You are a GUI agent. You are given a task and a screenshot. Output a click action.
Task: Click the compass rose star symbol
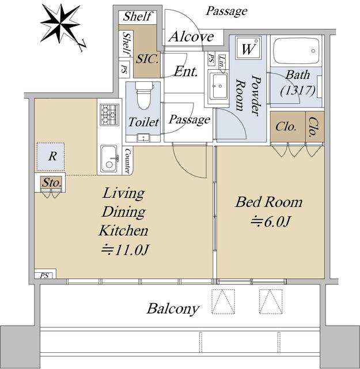coord(60,23)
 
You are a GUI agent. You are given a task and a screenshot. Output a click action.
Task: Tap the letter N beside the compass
coord(82,46)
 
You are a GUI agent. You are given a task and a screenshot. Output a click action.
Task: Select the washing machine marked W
coord(248,48)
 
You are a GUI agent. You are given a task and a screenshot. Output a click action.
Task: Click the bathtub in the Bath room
coord(297,51)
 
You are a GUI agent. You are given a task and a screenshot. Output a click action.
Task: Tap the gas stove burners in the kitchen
coord(109,115)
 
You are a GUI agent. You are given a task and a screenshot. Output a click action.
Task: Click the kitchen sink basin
coord(109,159)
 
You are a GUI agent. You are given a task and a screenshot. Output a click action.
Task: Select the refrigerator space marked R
coord(51,156)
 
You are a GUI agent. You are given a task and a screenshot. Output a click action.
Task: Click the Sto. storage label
coord(52,183)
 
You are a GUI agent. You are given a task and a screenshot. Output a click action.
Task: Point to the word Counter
coord(128,161)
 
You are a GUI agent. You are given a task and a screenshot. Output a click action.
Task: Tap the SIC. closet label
coord(147,59)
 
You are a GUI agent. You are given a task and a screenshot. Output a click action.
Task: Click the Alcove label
coord(191,37)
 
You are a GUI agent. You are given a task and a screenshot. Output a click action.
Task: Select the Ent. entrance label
coord(185,71)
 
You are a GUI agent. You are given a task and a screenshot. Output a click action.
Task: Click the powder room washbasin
coord(218,86)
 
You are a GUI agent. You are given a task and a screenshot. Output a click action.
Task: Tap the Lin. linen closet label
coord(222,62)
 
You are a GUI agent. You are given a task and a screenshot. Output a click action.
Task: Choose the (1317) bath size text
coord(298,90)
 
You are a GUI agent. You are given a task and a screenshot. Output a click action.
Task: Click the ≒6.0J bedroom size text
coord(271,221)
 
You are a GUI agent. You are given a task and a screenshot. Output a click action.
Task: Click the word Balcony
coord(173,309)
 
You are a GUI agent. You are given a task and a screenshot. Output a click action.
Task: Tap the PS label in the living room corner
coord(44,276)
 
